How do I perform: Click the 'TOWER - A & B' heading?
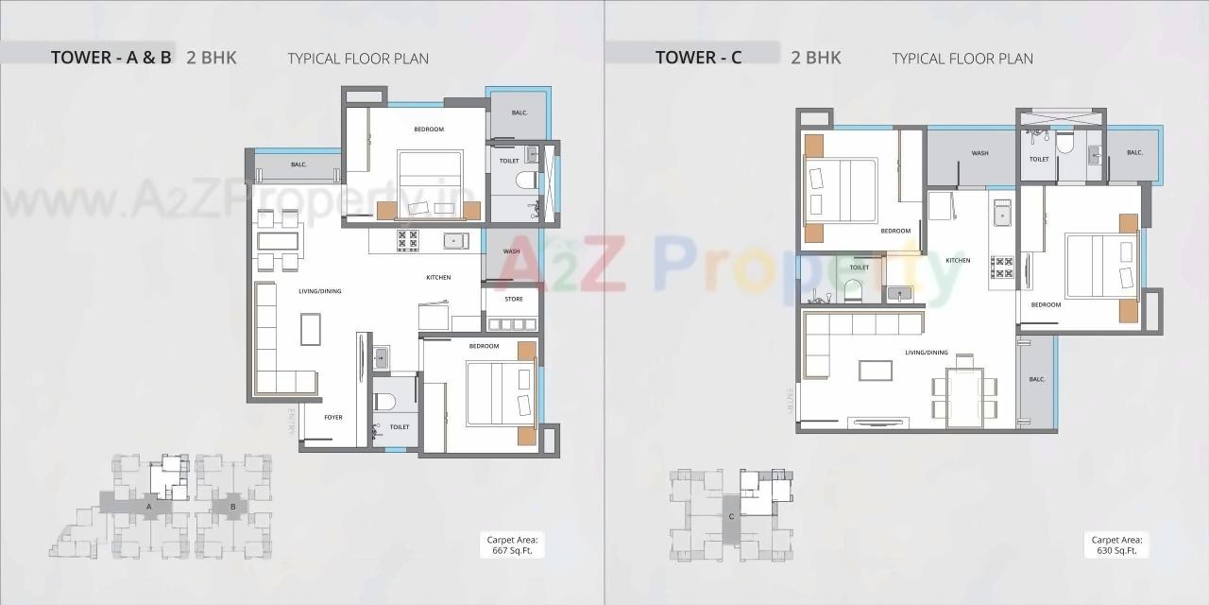[111, 58]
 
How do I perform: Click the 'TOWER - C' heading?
[698, 58]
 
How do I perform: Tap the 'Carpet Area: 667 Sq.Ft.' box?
[514, 544]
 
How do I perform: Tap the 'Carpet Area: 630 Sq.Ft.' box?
[1117, 544]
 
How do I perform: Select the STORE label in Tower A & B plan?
[513, 300]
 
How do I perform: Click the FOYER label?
[333, 417]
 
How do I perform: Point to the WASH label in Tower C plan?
[979, 153]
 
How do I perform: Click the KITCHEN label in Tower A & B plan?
[438, 277]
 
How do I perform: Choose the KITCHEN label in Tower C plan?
[958, 260]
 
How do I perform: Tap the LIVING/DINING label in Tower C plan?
[926, 353]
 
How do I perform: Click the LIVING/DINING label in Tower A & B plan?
[319, 291]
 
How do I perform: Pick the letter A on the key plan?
[148, 507]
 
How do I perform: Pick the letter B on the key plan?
[232, 507]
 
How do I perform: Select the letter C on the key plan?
[730, 516]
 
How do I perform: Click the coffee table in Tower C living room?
[875, 370]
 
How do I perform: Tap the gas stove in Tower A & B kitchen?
[408, 241]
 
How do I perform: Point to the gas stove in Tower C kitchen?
[1001, 267]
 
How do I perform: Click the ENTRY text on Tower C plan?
[789, 404]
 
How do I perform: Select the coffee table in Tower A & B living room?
[311, 329]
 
